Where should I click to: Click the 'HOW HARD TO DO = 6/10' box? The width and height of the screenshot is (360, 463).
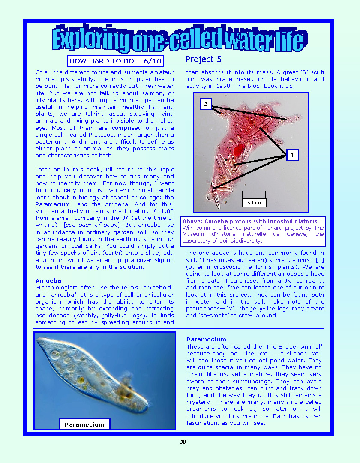coord(115,61)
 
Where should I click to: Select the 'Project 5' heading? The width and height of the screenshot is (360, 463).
coord(204,59)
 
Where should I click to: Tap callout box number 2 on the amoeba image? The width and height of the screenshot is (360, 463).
coord(206,104)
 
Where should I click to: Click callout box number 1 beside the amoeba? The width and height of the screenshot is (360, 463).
coord(292,156)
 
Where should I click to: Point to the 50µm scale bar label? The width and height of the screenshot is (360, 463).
coord(254,203)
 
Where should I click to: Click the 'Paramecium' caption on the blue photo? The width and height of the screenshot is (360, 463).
coord(84,424)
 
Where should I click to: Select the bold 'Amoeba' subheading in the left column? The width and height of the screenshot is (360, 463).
coord(48,280)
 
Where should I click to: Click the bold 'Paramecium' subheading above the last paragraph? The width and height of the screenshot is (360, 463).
coord(206,339)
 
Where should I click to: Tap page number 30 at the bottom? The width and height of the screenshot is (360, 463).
coord(183,442)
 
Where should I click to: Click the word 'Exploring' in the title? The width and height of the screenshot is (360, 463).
coord(91,40)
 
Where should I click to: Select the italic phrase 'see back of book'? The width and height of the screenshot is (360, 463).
coord(97,225)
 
